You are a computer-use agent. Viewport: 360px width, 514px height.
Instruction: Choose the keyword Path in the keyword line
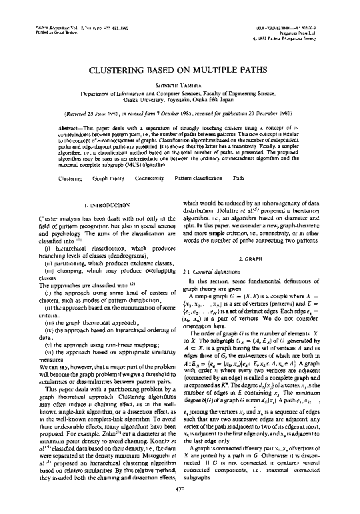(238, 179)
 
